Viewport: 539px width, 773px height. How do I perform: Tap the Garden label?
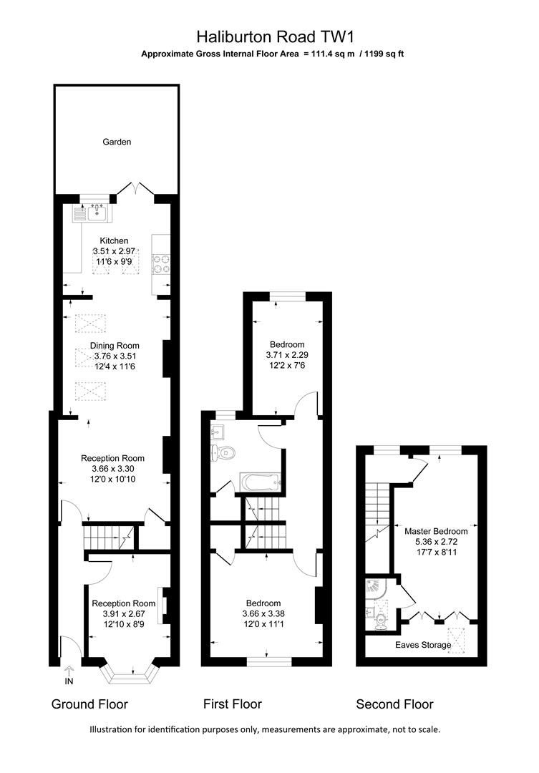point(117,142)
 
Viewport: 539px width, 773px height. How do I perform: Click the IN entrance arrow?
point(69,674)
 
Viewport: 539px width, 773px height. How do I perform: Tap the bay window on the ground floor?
point(130,673)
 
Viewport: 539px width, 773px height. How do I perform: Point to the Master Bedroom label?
point(436,531)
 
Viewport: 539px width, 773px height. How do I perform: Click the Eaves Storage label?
point(423,645)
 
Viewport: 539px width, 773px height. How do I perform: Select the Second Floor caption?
point(394,704)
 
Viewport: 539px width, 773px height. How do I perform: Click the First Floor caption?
point(233,704)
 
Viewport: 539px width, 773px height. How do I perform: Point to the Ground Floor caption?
point(89,704)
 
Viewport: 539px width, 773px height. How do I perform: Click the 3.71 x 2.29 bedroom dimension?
point(286,354)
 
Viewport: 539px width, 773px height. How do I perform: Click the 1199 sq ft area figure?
point(381,54)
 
